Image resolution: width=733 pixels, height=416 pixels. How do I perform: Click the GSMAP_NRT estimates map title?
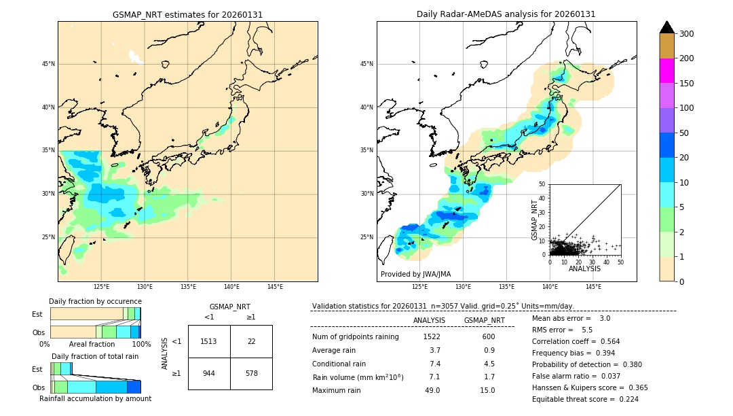[x=187, y=14]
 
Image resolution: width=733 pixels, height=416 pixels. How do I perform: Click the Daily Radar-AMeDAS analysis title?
[x=506, y=14]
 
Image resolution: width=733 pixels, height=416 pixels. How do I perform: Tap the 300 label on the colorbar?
[x=687, y=34]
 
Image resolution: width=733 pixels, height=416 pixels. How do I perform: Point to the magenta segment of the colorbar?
[x=666, y=71]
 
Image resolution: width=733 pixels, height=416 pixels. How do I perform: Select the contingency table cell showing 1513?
[x=209, y=341]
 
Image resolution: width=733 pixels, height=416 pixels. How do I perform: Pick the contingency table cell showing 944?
[x=209, y=373]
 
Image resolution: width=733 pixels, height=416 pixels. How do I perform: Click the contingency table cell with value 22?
[x=251, y=341]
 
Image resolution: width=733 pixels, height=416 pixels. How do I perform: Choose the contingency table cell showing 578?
[x=251, y=373]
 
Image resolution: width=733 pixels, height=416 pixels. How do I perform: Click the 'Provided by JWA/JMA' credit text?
[x=415, y=274]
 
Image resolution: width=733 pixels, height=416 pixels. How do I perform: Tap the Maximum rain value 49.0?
[x=432, y=390]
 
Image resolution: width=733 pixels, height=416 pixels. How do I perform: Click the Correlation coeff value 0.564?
[x=605, y=341]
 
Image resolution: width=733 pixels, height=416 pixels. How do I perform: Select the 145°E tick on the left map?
[x=275, y=287]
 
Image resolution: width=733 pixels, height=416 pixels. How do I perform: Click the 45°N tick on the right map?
[x=366, y=64]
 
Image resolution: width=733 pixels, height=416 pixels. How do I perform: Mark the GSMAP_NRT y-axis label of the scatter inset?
[x=534, y=220]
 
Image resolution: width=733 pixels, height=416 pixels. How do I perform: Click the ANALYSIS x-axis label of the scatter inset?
[x=584, y=268]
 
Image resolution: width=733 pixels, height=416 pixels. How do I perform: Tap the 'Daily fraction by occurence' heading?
[x=95, y=301]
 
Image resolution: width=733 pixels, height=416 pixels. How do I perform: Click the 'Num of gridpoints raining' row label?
[x=356, y=336]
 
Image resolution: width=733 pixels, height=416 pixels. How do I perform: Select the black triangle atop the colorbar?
[x=666, y=27]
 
